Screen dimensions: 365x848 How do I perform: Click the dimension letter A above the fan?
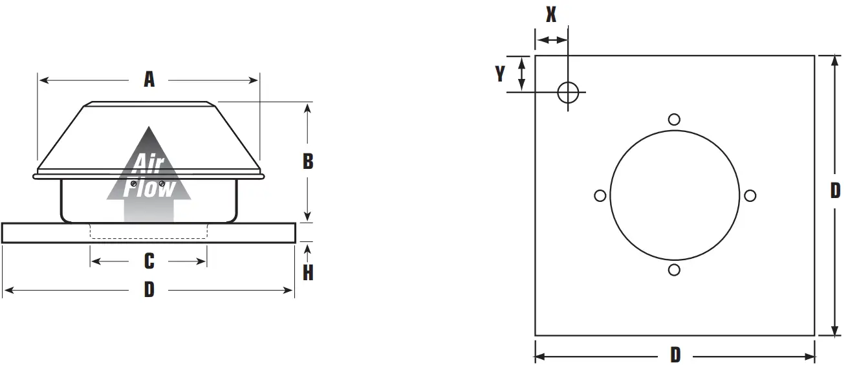point(149,80)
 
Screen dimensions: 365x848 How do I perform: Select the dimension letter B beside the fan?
point(308,160)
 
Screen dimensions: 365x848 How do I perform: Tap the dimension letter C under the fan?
point(149,261)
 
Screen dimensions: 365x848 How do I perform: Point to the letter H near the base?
point(308,273)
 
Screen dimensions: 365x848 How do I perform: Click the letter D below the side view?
point(149,290)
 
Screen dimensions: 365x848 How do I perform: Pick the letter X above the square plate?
point(550,15)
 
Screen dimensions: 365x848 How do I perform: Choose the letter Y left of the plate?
point(500,74)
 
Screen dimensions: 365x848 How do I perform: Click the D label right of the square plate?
point(835,190)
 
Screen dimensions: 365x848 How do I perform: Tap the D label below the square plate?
point(675,355)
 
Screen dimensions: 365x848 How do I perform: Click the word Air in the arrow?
point(148,162)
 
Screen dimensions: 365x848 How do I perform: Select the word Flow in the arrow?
point(149,187)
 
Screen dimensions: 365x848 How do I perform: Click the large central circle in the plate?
point(674,195)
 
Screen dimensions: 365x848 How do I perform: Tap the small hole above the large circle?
point(674,119)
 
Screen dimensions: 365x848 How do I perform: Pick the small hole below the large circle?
point(674,270)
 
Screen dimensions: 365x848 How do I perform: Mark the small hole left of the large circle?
point(600,195)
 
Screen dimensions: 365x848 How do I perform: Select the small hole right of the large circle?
point(750,195)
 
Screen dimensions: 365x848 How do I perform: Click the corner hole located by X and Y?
point(568,93)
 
